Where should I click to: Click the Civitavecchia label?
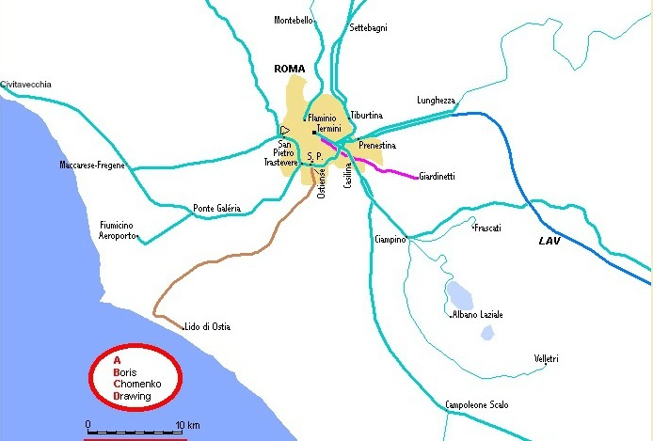[26, 85]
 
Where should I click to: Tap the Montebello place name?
[294, 20]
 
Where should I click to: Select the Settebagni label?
[368, 28]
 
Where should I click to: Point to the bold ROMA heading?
[290, 69]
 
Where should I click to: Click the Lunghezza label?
[436, 101]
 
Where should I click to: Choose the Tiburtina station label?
[366, 115]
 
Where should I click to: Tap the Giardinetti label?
[437, 176]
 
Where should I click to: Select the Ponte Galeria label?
[216, 208]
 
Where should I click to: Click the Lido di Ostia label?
[208, 326]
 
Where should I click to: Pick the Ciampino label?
[389, 239]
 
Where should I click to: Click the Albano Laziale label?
[478, 314]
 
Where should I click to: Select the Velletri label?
[547, 359]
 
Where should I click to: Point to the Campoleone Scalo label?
[477, 405]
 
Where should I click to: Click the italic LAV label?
[550, 242]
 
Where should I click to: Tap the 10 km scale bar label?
[187, 424]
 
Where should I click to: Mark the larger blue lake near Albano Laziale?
[459, 293]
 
